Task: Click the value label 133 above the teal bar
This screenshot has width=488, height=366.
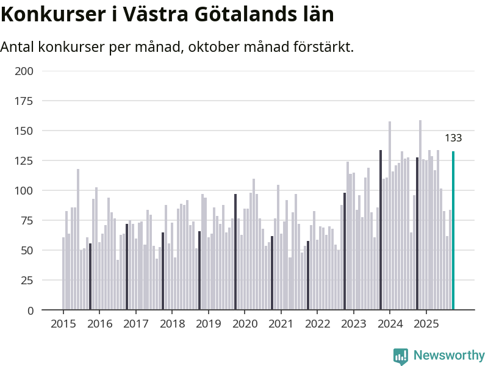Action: (453, 138)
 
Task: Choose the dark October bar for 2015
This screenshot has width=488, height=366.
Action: (90, 277)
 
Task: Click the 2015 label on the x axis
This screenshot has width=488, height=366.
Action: (63, 324)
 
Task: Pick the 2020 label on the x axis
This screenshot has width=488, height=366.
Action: (245, 324)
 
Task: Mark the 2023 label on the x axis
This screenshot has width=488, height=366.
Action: (354, 324)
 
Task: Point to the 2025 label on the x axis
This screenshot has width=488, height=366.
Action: (426, 324)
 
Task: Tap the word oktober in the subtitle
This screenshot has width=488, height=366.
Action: (206, 47)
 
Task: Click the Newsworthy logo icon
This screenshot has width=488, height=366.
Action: (401, 356)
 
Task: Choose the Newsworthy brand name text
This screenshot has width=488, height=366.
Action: (449, 356)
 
